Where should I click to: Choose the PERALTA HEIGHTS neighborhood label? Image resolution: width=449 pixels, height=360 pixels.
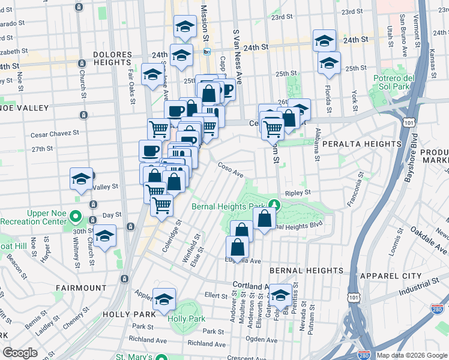(361, 144)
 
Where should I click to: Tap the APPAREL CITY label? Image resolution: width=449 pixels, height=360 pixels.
(387, 275)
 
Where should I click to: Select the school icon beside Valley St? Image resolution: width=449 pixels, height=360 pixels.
(82, 178)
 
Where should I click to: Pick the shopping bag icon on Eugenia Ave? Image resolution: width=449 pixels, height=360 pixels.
(238, 247)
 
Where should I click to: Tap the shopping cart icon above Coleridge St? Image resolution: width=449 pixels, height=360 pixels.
(161, 205)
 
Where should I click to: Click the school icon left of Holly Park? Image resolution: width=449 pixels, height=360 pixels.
(164, 299)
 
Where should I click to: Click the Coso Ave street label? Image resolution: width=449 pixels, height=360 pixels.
(230, 169)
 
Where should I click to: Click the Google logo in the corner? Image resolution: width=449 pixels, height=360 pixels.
(20, 353)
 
